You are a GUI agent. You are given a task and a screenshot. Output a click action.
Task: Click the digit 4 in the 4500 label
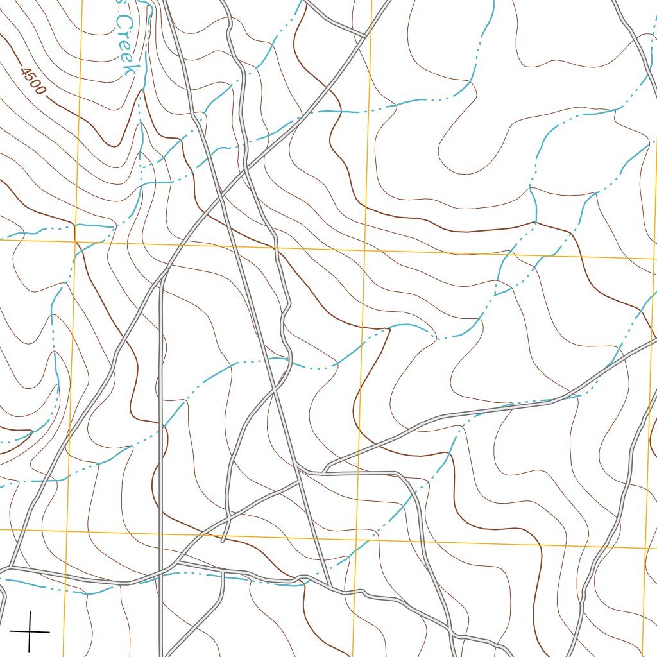[24, 73]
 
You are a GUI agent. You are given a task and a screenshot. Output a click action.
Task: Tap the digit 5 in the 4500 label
[30, 78]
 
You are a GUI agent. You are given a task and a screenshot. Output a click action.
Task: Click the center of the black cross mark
[30, 631]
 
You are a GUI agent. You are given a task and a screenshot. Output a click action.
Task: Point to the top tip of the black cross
[30, 612]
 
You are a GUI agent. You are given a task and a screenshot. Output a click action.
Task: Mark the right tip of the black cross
[49, 632]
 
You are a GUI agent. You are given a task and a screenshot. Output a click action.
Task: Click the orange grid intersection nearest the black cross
[66, 530]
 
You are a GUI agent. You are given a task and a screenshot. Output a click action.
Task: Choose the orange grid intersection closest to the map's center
[363, 250]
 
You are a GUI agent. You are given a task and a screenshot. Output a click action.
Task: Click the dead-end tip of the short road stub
[222, 541]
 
